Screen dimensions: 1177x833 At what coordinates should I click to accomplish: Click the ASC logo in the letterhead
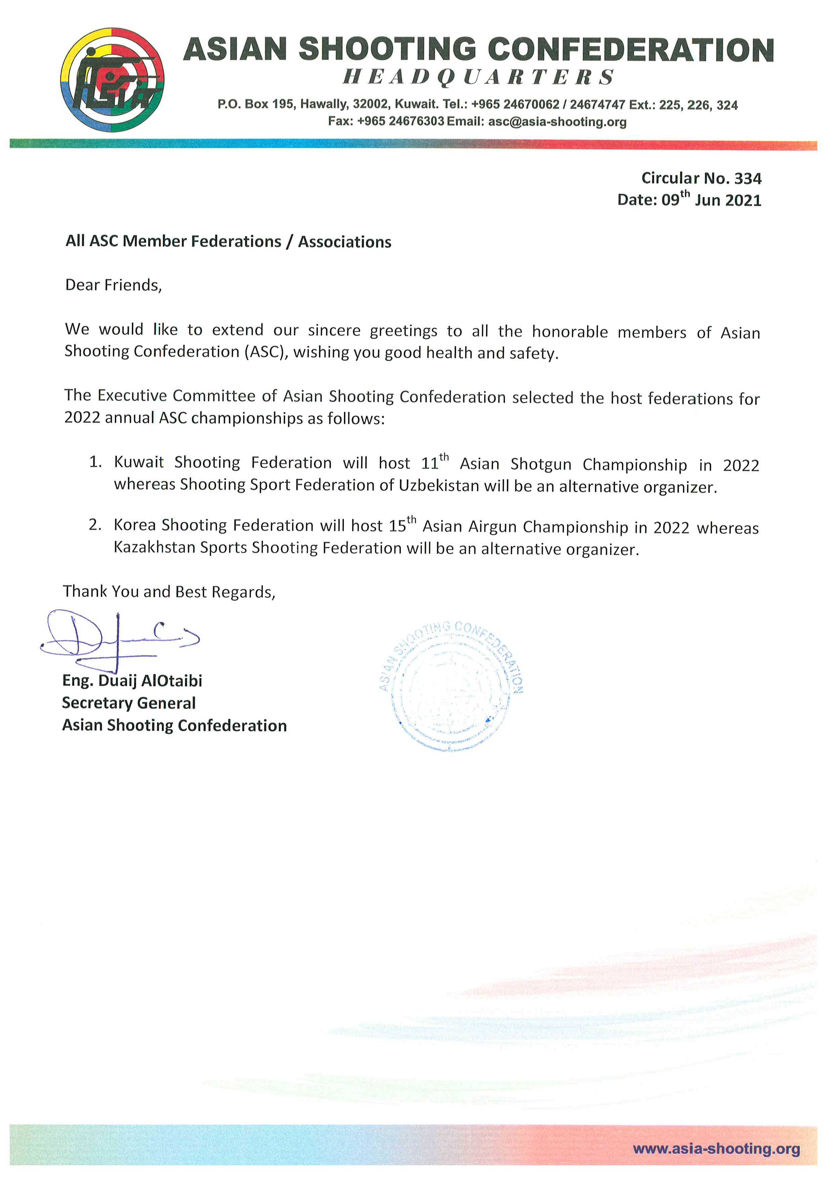click(112, 80)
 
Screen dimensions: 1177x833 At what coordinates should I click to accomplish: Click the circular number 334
click(748, 179)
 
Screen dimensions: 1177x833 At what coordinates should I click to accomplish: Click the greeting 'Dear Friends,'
click(113, 285)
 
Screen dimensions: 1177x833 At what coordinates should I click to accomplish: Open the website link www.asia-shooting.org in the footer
click(716, 1149)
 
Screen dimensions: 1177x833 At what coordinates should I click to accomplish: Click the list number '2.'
click(95, 525)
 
